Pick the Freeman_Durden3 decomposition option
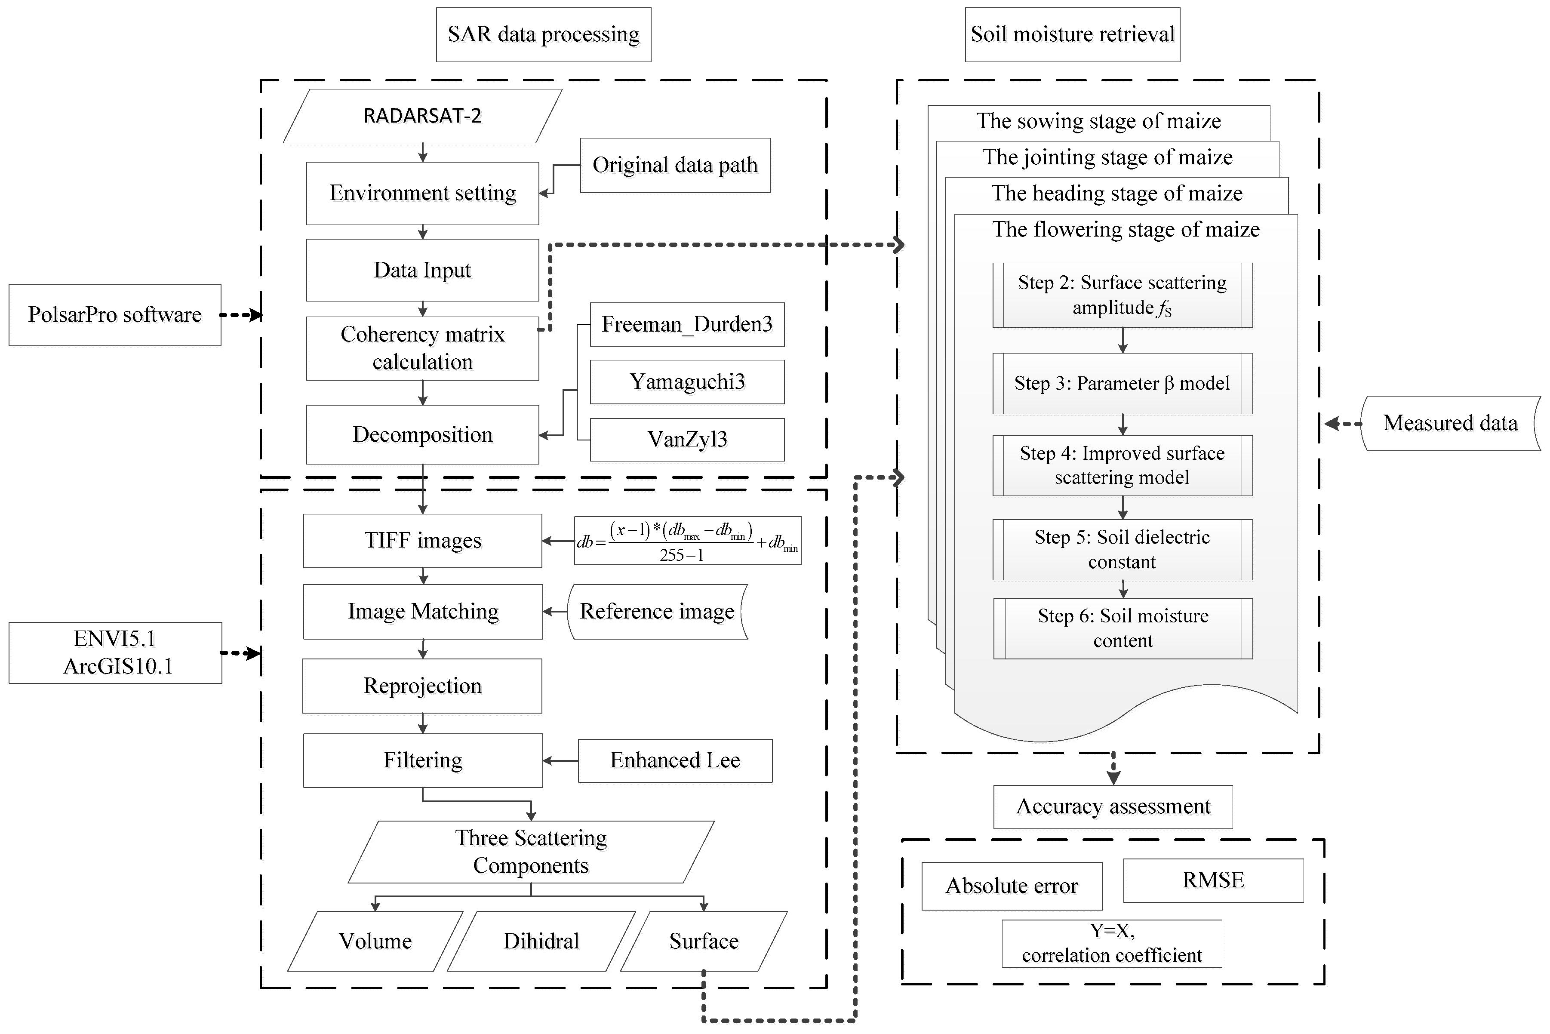coord(686,324)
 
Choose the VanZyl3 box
coord(686,439)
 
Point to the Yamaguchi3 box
coord(686,382)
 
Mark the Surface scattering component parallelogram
coord(704,941)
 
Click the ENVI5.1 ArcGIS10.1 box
coord(115,653)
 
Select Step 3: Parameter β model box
coord(1122,384)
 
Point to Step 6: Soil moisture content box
coord(1122,628)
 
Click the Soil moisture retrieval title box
coord(1072,34)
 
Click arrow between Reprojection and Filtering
coord(423,723)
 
